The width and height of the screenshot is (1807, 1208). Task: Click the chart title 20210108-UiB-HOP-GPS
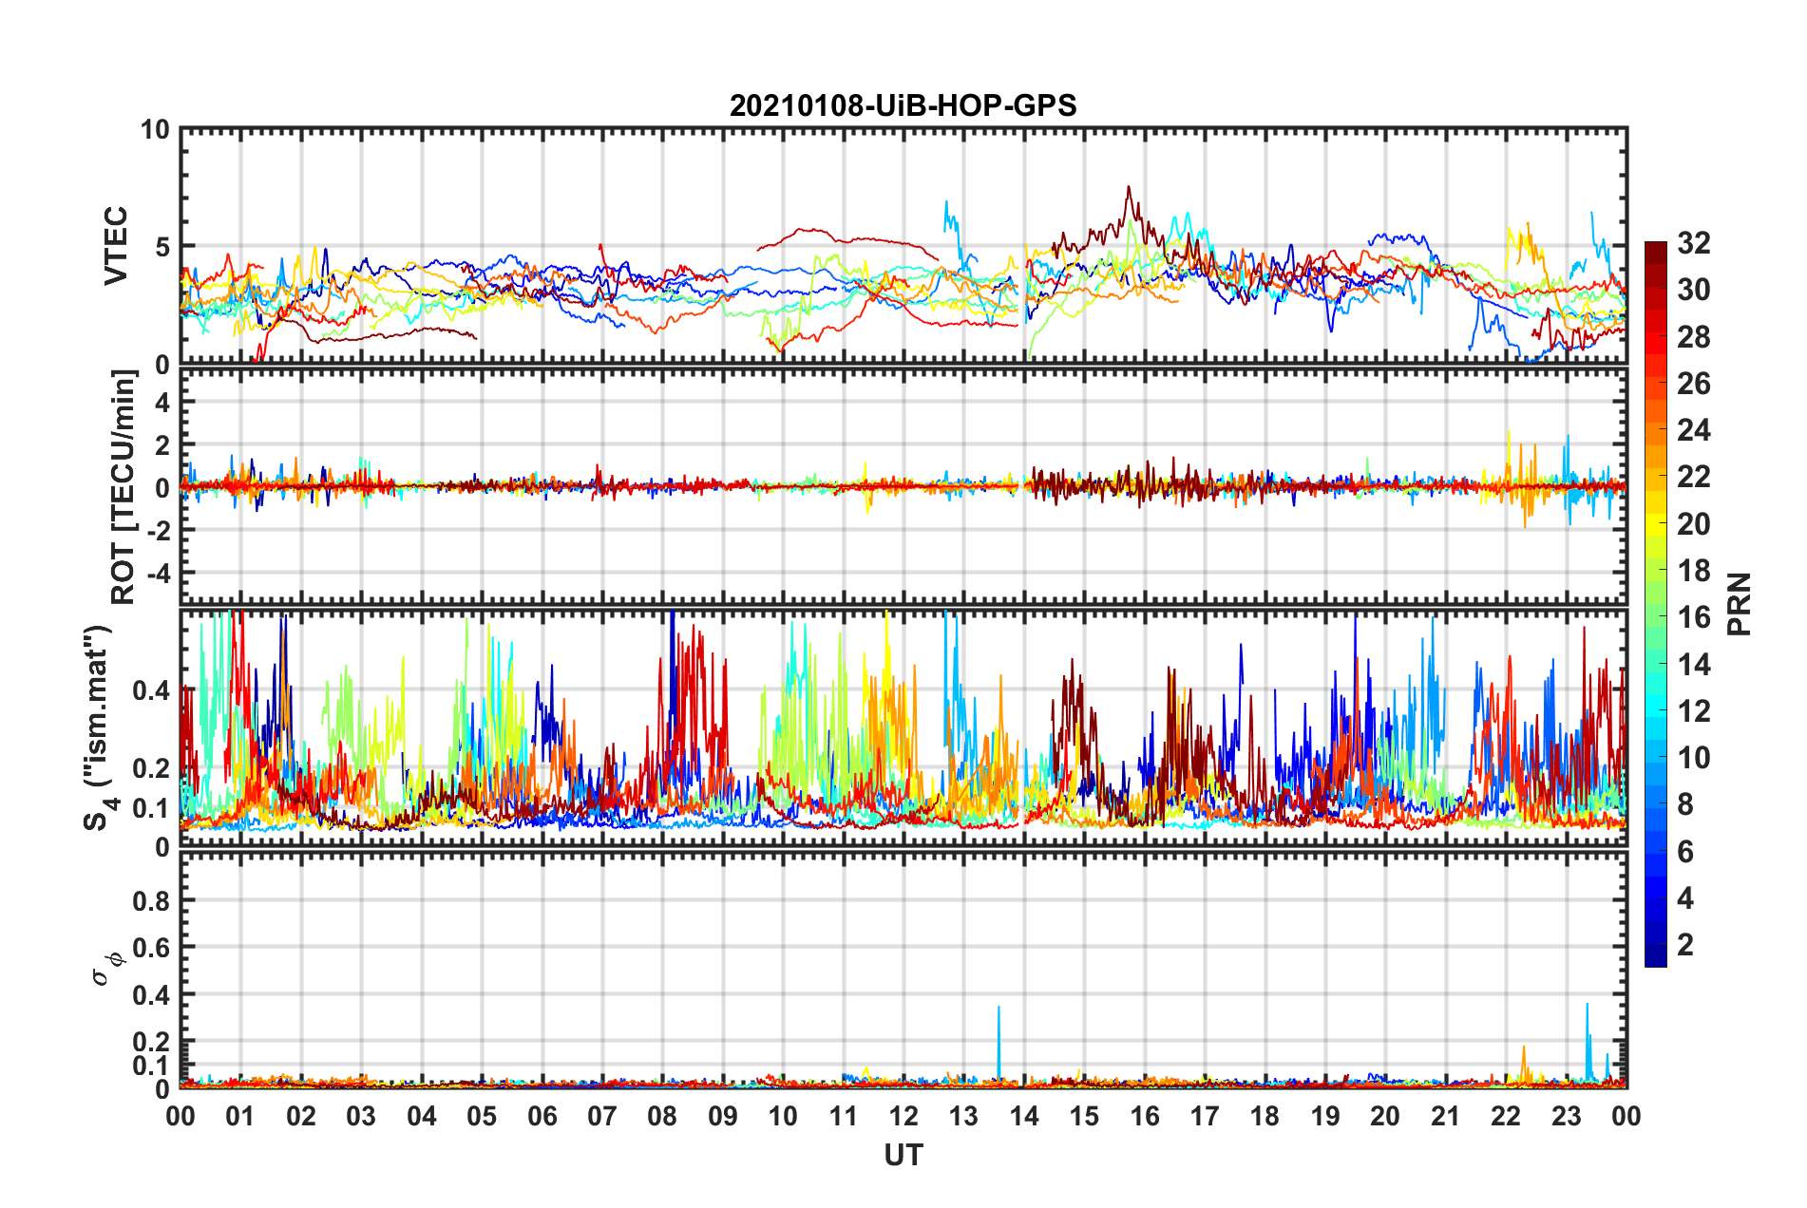tap(903, 105)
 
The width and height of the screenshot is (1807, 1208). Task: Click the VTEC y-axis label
tap(116, 246)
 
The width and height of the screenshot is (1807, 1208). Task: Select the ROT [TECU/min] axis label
tap(124, 487)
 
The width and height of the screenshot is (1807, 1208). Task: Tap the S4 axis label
tap(99, 728)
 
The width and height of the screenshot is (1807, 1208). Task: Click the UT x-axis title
tap(903, 1155)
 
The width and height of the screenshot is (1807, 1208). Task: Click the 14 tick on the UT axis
tap(1023, 1116)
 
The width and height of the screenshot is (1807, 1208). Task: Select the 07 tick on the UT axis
tap(601, 1116)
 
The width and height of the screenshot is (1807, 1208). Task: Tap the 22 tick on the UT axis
tap(1506, 1116)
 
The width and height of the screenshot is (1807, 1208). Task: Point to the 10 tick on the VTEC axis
tap(155, 130)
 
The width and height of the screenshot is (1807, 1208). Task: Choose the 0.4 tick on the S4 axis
tap(152, 690)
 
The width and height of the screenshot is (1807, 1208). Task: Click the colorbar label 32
tap(1693, 243)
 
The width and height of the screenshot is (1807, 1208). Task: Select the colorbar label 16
tap(1693, 617)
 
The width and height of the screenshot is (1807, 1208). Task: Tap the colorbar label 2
tap(1686, 945)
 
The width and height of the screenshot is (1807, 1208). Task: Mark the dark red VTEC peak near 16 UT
tap(1129, 188)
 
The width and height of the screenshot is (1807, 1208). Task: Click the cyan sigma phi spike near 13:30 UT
tap(999, 1009)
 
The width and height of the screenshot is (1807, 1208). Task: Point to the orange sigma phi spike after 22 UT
tap(1524, 1048)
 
